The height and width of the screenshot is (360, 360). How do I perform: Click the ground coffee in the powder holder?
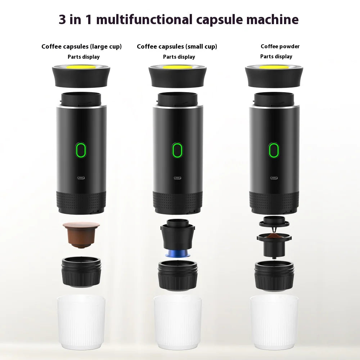pyautogui.click(x=275, y=236)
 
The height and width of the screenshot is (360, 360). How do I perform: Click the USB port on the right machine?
pyautogui.click(x=274, y=177)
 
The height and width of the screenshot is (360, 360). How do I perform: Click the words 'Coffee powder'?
pyautogui.click(x=280, y=46)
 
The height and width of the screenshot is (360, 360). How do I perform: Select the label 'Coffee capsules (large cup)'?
pyautogui.click(x=81, y=46)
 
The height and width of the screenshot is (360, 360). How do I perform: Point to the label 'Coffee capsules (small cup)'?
pyautogui.click(x=177, y=46)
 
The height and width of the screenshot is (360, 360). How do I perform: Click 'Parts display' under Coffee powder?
pyautogui.click(x=276, y=57)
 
